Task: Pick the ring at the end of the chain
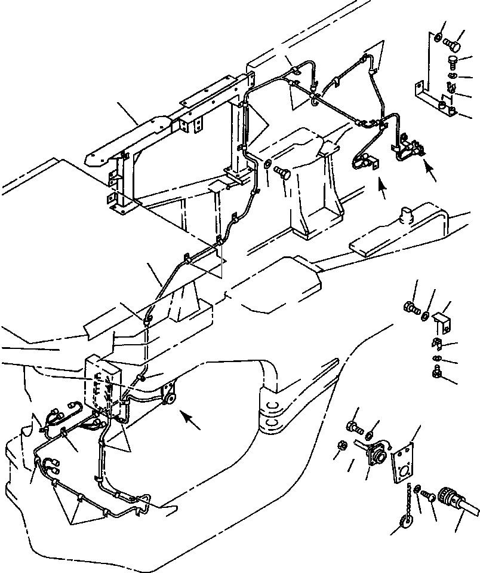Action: [402, 524]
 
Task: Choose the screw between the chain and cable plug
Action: [425, 496]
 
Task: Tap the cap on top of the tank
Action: [407, 213]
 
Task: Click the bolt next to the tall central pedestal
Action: [284, 173]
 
